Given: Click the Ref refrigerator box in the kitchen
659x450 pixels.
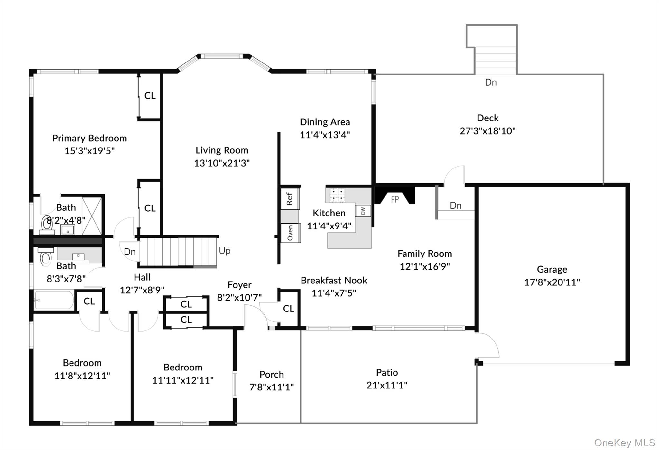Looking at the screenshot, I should tap(289, 199).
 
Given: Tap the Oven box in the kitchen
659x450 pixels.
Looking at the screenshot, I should tap(290, 233).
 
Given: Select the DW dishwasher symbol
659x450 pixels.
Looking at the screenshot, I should tap(363, 211).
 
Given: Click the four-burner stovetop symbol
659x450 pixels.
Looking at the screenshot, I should tap(337, 195).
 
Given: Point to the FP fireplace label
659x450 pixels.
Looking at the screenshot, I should tap(395, 199).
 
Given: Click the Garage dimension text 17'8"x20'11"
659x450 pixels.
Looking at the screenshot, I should tap(552, 282).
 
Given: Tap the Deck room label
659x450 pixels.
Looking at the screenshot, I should tap(487, 118).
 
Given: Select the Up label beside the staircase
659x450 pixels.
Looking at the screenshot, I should tap(225, 251).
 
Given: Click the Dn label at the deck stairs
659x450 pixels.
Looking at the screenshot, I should tap(491, 83).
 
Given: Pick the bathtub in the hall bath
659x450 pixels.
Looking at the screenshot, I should tap(54, 300).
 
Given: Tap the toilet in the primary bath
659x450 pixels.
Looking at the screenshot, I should tap(47, 223).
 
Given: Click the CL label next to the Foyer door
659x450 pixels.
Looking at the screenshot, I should tap(289, 309).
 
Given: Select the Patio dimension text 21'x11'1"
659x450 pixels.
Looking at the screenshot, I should tap(387, 385).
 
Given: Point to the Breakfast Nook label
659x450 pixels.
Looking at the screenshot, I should tap(334, 281).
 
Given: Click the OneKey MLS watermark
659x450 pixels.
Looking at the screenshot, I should tap(624, 443).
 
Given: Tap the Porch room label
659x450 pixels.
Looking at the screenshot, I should tap(272, 374).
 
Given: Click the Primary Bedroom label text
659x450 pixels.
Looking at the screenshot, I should tap(89, 139).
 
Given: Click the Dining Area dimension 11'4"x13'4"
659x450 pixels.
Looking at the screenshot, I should tap(325, 135).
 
